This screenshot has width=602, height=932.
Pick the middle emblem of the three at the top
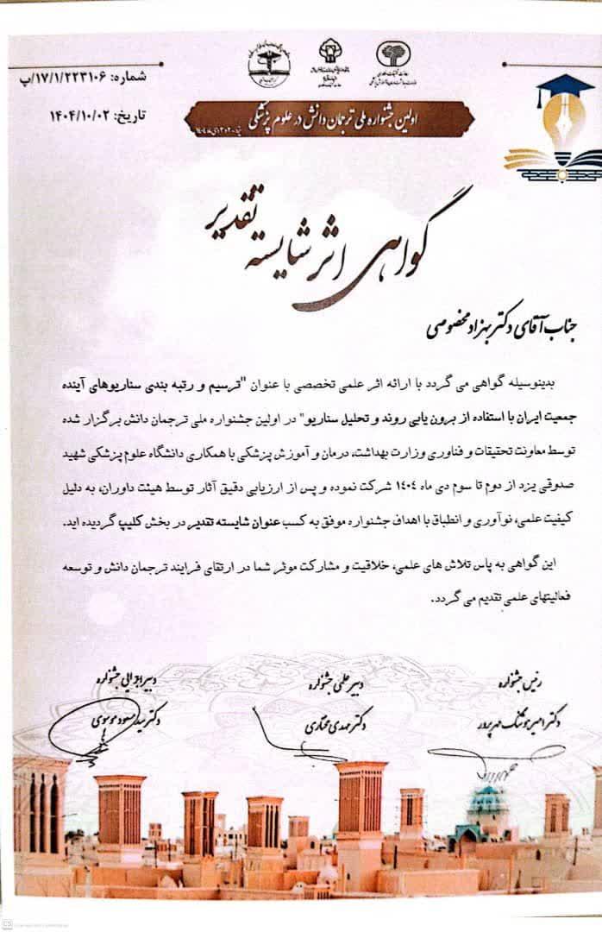(331, 59)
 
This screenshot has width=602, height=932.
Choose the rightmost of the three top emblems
(393, 60)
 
